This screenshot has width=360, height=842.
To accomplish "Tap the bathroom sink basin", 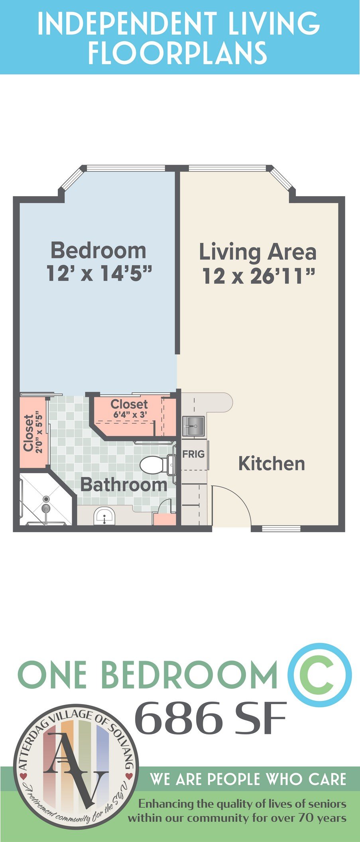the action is point(104,516).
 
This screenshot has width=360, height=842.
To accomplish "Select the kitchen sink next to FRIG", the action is point(193,426).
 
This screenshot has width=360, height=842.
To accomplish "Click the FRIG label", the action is point(193,454).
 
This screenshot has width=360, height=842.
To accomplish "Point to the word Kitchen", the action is point(271,464).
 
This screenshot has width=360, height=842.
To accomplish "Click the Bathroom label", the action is point(124,485).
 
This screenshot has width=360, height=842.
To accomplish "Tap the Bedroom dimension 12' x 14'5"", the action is point(100,274).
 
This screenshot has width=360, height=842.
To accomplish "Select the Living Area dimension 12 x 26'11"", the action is point(259,276).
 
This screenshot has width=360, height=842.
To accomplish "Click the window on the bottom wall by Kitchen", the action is point(281,529).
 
